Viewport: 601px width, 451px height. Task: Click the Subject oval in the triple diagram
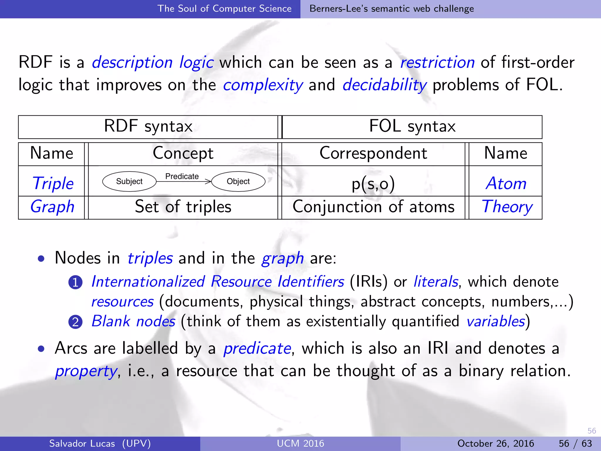(x=129, y=181)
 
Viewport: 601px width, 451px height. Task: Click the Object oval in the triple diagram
(x=238, y=181)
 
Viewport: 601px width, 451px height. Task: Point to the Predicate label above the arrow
(x=182, y=176)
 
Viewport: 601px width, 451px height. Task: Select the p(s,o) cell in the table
(x=373, y=184)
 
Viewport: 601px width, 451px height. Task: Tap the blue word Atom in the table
(x=506, y=184)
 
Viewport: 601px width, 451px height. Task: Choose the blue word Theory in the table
(x=507, y=207)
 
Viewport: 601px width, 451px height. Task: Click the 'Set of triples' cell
(x=183, y=207)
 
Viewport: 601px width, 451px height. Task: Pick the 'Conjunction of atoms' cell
(x=373, y=207)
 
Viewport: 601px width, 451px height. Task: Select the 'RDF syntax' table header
(x=148, y=127)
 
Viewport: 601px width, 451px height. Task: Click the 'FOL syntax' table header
(x=412, y=127)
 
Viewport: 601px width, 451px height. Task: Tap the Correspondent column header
(x=373, y=153)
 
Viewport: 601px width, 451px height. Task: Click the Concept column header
(x=183, y=153)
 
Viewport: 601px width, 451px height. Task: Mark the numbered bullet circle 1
(x=75, y=282)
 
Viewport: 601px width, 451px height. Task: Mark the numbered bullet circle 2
(x=75, y=322)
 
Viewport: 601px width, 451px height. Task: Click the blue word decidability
(x=384, y=85)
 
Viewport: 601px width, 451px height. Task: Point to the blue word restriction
(x=437, y=63)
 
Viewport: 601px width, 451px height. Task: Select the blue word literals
(x=435, y=282)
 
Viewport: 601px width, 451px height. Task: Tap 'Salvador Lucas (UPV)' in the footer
(x=100, y=443)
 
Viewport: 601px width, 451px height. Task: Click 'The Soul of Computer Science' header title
(x=224, y=9)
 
